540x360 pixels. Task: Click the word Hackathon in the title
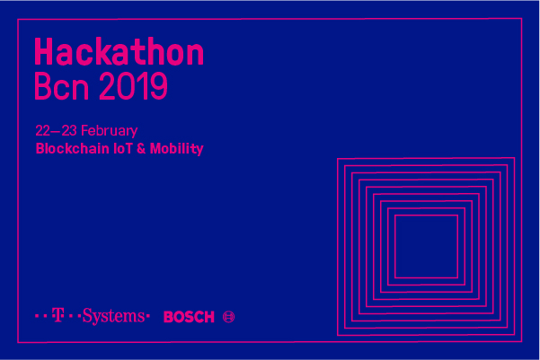(120, 52)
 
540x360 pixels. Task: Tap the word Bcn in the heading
(62, 86)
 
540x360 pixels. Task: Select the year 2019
(134, 86)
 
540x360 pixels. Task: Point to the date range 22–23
(56, 131)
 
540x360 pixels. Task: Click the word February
(110, 131)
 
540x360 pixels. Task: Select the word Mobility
(177, 149)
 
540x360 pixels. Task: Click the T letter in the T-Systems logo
(58, 315)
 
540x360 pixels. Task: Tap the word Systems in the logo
(113, 316)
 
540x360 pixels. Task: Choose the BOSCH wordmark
(189, 317)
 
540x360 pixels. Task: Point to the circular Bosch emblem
(229, 317)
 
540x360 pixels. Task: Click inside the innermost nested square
(427, 246)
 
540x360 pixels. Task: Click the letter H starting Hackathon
(43, 52)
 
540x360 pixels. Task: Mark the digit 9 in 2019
(159, 86)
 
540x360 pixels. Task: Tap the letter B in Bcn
(43, 86)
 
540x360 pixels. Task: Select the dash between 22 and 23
(56, 131)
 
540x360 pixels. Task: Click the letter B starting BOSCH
(169, 317)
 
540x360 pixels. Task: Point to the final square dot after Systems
(148, 315)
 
